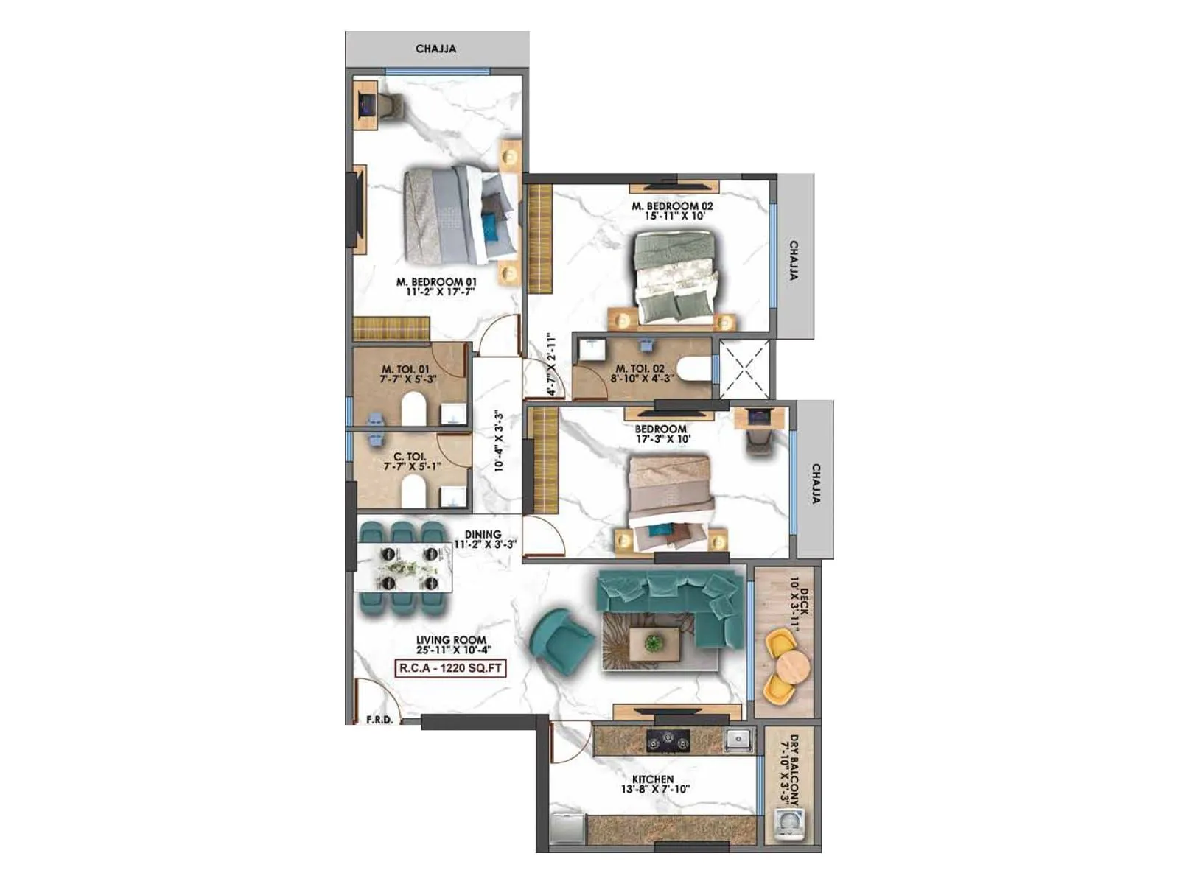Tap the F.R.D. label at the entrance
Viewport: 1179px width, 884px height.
379,720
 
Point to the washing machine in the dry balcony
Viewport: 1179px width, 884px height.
788,824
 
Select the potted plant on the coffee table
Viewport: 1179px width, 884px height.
653,642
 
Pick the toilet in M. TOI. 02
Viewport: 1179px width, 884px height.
692,369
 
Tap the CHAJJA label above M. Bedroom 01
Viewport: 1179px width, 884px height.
436,49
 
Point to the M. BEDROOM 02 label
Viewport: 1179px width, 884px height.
672,206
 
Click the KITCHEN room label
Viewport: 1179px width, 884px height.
653,779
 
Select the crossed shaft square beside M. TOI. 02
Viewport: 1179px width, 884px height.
744,370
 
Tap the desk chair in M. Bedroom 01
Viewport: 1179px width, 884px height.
390,107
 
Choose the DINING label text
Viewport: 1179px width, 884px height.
483,534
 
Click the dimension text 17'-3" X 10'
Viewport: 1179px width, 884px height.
663,439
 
